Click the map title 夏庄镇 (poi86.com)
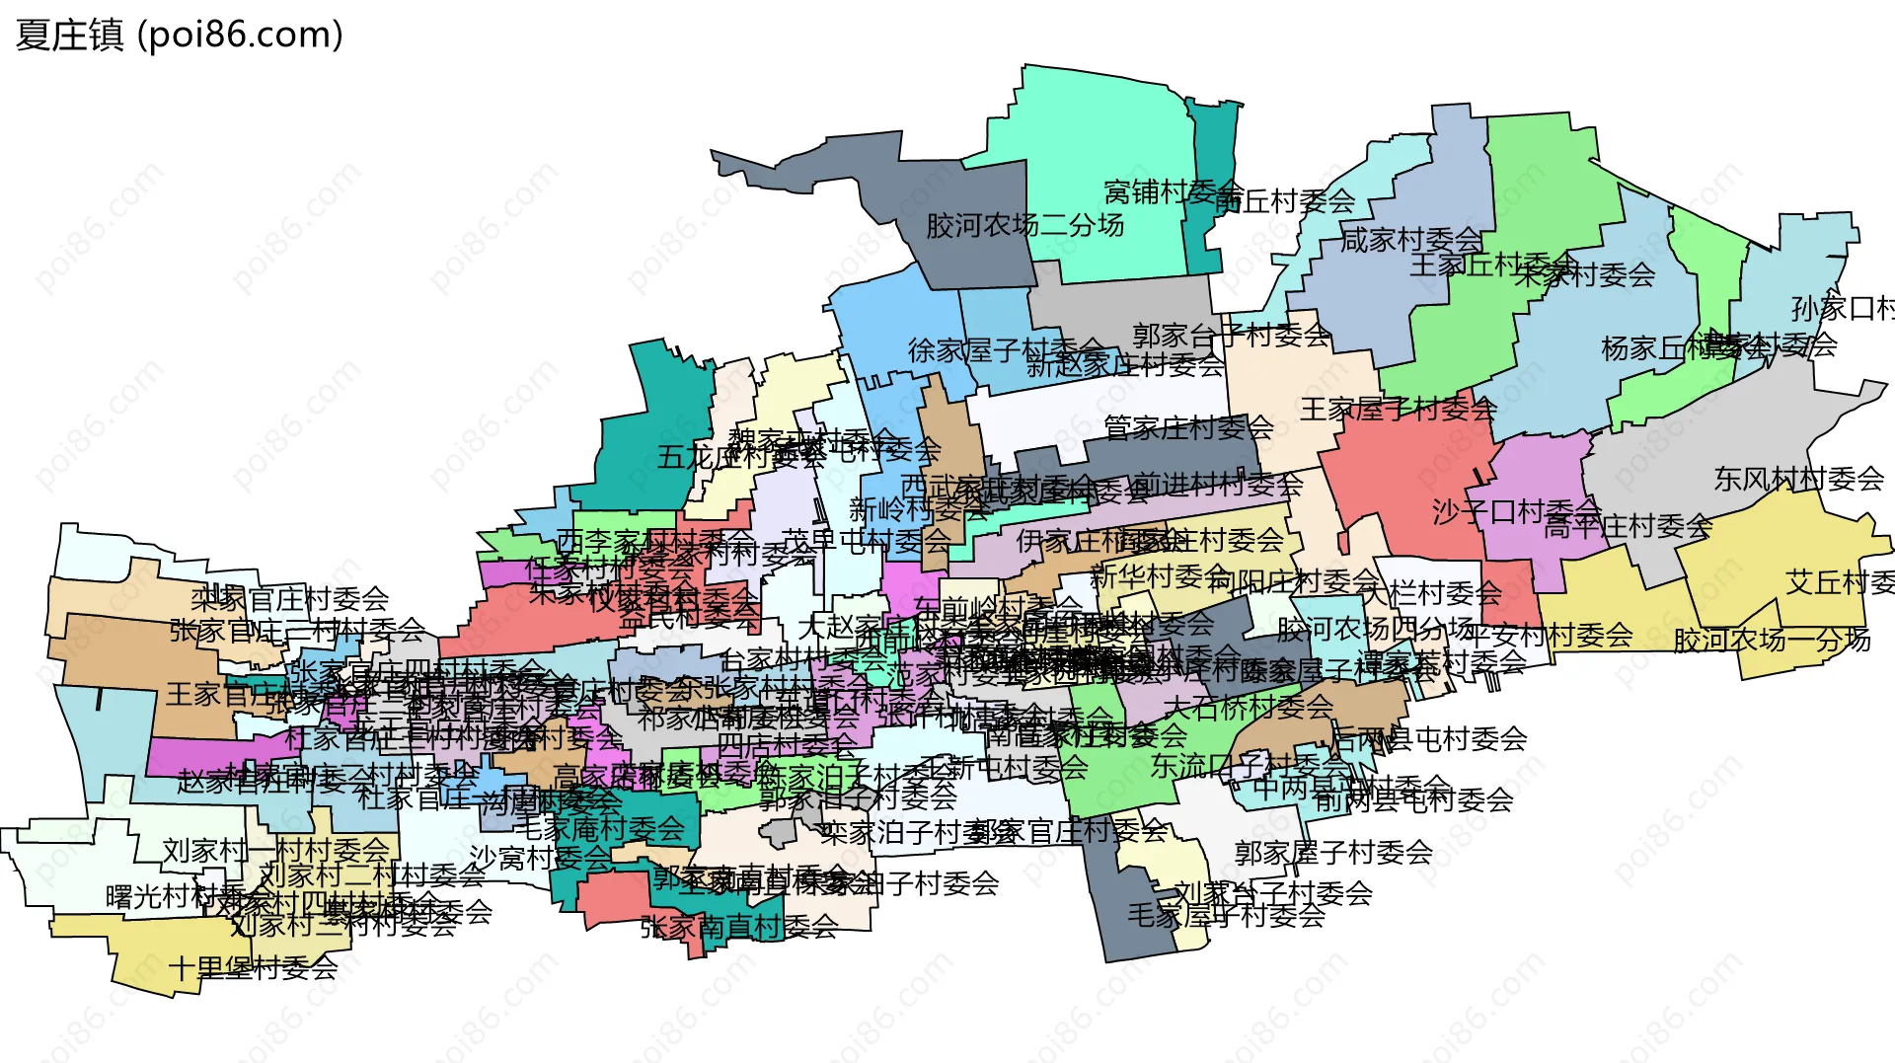coord(180,36)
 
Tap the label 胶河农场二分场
coord(1024,226)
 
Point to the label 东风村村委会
coord(1798,480)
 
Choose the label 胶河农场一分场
coord(1772,640)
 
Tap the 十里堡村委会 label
coord(253,968)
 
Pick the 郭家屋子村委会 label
coord(1333,852)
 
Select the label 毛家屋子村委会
coord(1226,916)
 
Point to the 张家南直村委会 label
coord(739,927)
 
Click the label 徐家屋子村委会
coord(1005,349)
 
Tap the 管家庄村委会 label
coord(1188,427)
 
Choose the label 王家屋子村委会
coord(1398,409)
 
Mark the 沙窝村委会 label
coord(540,858)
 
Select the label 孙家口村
coord(1842,309)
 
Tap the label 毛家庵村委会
coord(600,829)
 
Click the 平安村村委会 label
coord(1547,635)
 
